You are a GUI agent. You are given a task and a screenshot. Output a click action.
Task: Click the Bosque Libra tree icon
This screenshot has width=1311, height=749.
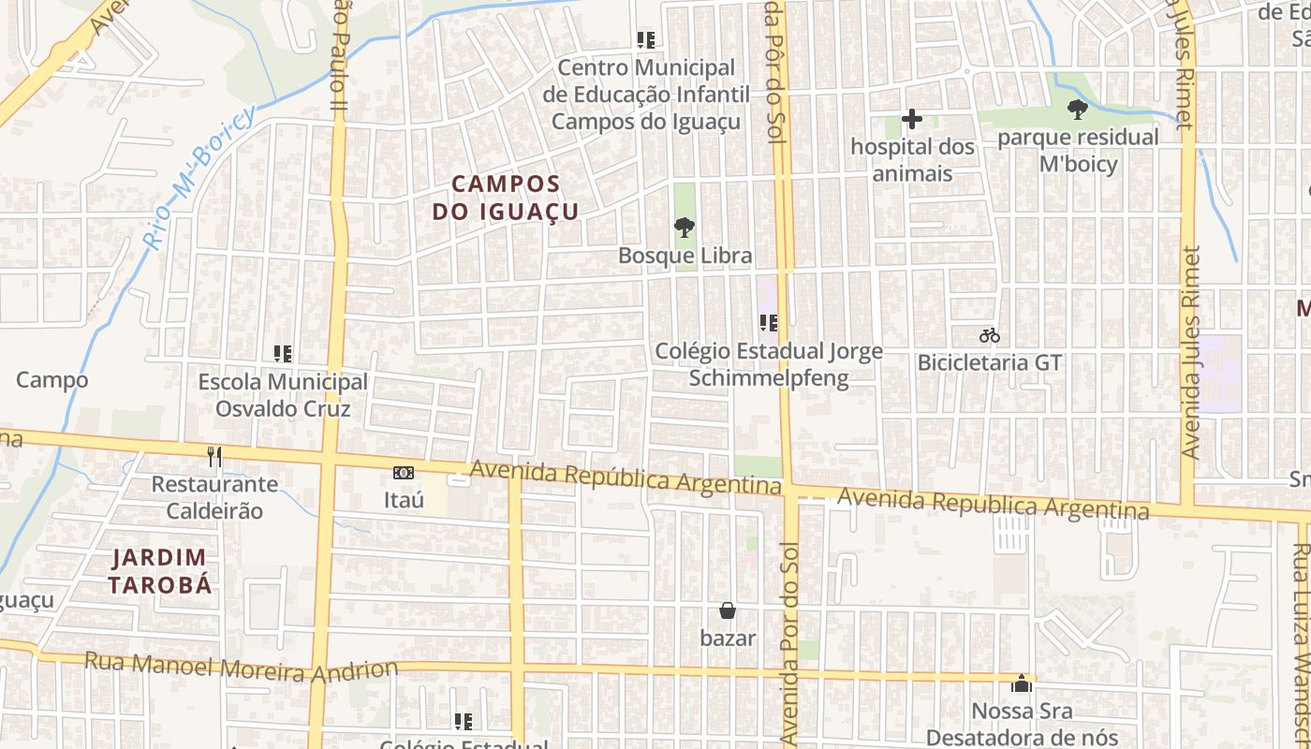tap(685, 227)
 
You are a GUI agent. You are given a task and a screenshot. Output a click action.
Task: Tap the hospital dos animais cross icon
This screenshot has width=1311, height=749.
tap(912, 119)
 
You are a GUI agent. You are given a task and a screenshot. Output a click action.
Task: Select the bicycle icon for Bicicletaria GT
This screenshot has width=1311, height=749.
tap(990, 334)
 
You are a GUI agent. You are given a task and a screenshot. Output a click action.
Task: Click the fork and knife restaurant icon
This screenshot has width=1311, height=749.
tap(215, 456)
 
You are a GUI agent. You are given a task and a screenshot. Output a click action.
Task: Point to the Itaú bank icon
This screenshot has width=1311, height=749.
tap(404, 473)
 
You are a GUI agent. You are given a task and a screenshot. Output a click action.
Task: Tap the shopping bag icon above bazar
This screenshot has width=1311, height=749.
tap(728, 610)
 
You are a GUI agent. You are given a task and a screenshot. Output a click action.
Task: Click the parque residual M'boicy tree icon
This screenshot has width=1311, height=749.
tap(1078, 109)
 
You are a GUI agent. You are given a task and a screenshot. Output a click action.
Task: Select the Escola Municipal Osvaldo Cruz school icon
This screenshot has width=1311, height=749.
tap(283, 354)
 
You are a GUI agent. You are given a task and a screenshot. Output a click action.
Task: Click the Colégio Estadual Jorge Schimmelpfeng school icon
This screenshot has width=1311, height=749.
tap(769, 324)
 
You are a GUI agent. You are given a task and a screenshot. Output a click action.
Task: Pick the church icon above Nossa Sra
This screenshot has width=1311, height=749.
tap(1022, 683)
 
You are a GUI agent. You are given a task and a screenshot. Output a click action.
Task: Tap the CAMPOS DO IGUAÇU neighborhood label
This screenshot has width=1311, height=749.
tap(506, 198)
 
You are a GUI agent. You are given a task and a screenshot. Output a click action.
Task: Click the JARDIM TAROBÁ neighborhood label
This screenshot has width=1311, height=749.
tap(159, 571)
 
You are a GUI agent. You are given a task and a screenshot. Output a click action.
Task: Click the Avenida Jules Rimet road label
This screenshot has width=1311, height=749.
tap(1190, 352)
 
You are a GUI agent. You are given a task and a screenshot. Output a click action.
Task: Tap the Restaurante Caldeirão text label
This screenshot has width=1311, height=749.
tap(214, 497)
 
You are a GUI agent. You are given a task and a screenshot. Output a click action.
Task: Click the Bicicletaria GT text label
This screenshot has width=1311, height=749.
tap(990, 362)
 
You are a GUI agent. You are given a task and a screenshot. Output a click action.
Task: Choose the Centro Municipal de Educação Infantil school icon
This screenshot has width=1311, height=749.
tap(646, 40)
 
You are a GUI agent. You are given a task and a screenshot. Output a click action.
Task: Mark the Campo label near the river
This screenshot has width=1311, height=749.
tap(52, 380)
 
